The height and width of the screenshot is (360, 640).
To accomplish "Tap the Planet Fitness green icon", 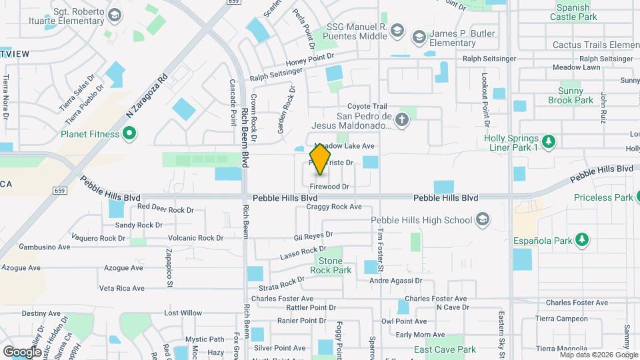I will click(x=130, y=134).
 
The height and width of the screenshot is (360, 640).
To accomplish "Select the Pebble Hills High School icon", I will click(x=482, y=220).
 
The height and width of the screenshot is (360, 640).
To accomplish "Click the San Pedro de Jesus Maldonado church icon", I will click(x=401, y=120).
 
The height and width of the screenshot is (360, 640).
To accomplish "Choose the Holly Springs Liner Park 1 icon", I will click(x=549, y=141).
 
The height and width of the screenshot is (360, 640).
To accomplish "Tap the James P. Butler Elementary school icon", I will click(x=419, y=35).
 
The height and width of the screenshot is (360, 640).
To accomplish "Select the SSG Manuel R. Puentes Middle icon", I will click(x=397, y=30).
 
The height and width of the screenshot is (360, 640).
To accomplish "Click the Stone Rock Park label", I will click(x=335, y=265).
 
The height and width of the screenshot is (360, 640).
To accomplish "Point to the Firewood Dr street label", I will click(x=329, y=187).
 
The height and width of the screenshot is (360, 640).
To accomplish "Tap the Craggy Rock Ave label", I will click(x=334, y=207).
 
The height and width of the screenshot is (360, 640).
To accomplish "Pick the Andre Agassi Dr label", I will click(x=396, y=281).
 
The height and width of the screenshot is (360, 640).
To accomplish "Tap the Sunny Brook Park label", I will click(x=571, y=95).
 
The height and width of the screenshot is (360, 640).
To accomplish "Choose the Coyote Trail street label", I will click(x=367, y=106).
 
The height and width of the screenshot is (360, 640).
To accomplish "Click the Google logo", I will click(x=22, y=351).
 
